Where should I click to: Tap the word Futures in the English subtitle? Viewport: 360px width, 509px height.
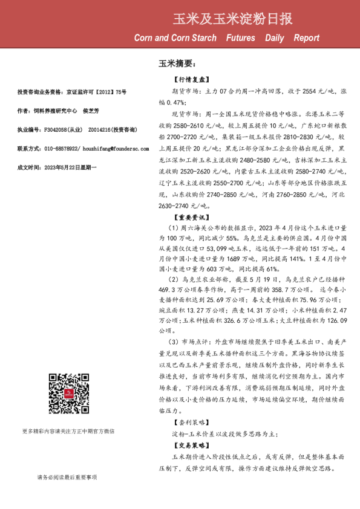pos(241,38)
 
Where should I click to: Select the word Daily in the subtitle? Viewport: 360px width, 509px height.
pos(275,38)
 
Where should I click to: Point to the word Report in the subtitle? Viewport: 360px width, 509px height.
pos(306,38)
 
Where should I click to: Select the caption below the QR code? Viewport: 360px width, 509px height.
pos(68,431)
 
